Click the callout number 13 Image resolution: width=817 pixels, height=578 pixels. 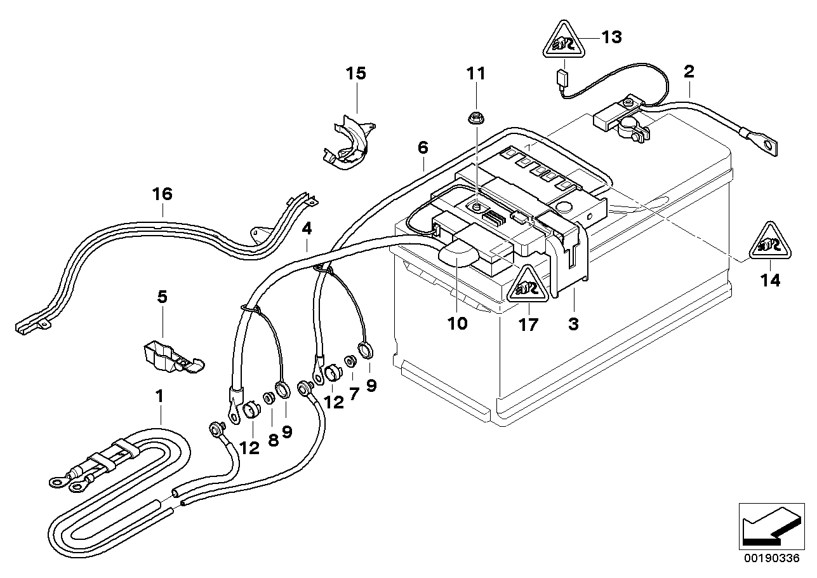[x=611, y=38]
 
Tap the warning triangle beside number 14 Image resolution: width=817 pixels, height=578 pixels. [x=771, y=243]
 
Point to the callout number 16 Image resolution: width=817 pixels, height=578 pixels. [x=163, y=194]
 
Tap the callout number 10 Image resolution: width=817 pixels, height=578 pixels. [x=457, y=323]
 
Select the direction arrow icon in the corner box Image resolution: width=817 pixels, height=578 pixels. [x=768, y=525]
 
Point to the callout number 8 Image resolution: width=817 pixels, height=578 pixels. [x=273, y=440]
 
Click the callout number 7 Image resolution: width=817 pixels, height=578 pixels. [x=354, y=394]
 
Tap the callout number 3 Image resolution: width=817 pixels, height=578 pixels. [x=573, y=324]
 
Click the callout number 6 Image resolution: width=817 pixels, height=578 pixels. [x=423, y=148]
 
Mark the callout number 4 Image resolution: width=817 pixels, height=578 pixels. [x=307, y=229]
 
